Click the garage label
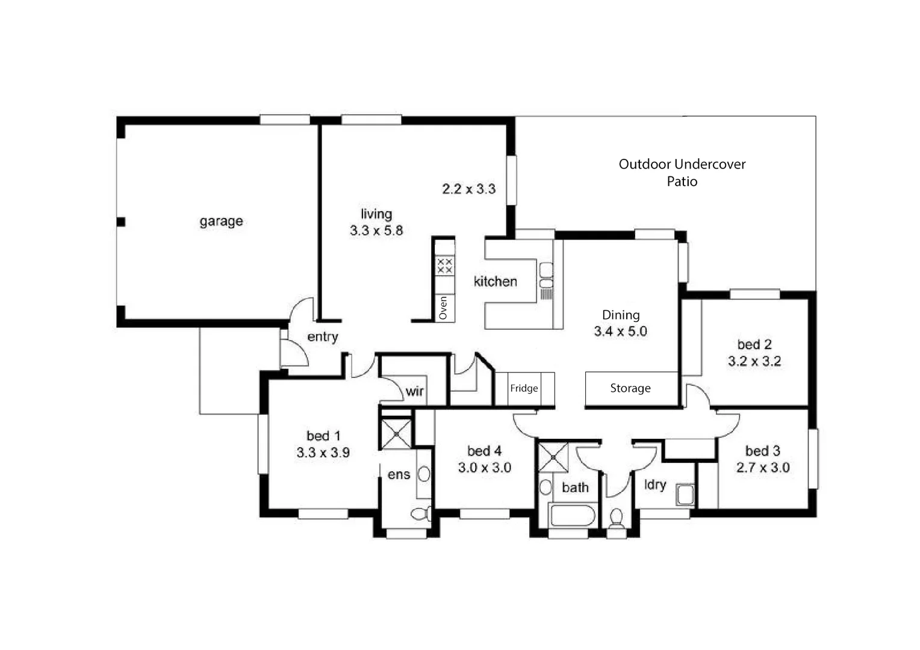[221, 221]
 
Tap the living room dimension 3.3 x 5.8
[376, 231]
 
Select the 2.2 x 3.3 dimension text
[468, 189]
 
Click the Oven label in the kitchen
[444, 308]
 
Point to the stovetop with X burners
[444, 266]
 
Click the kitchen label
[495, 282]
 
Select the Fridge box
[524, 389]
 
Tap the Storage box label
[630, 389]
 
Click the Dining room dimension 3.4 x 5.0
[620, 332]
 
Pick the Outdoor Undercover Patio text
[682, 173]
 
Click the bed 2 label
[754, 345]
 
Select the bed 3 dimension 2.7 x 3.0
[762, 468]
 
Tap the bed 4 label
[484, 451]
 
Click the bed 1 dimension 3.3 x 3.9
[323, 453]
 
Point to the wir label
[414, 392]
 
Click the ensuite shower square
[396, 433]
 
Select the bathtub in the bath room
[572, 516]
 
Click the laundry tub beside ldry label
[685, 495]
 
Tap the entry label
[322, 337]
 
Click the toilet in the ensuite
[420, 514]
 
